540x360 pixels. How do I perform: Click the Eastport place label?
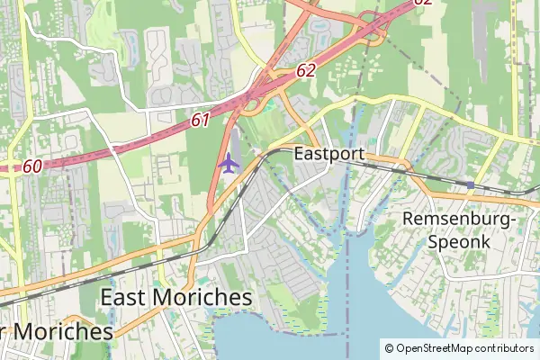pos(329,154)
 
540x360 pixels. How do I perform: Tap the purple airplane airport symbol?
pos(229,164)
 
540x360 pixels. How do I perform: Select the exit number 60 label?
pos(32,166)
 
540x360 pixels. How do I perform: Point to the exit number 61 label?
pos(200,119)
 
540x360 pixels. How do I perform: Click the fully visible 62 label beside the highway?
pos(305,70)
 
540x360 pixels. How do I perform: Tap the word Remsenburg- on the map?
pos(459,219)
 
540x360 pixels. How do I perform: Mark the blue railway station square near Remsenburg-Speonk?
pos(469,184)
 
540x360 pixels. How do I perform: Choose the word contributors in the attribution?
pos(504,347)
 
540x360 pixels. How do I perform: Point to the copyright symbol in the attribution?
pos(390,347)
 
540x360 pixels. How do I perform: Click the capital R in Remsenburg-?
pos(409,219)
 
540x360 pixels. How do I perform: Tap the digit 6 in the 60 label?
pos(28,166)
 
